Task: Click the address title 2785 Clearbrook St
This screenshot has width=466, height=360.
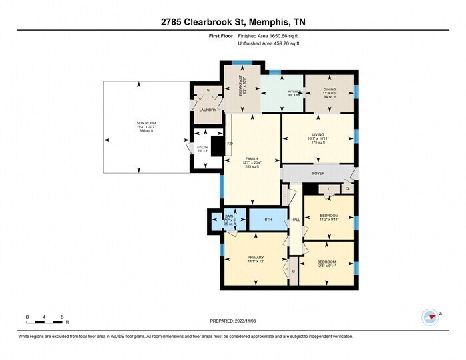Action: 233,22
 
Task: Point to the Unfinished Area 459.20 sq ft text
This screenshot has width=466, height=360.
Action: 269,43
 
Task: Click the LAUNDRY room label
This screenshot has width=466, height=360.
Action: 207,110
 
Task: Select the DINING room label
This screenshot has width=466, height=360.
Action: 330,89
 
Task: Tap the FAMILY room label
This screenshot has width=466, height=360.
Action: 251,158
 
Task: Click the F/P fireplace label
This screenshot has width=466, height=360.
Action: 230,144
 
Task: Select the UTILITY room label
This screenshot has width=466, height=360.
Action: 201,148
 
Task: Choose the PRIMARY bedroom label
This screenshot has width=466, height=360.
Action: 256,257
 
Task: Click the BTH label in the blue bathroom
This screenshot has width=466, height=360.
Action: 268,219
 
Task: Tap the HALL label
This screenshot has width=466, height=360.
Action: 296,220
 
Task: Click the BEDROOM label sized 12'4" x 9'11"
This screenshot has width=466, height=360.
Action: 326,262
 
